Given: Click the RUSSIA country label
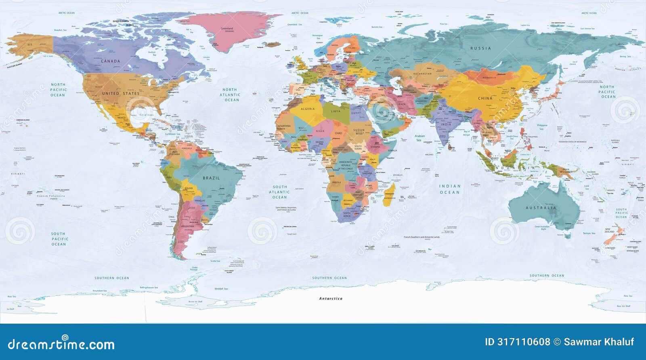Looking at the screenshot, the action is click(480, 48).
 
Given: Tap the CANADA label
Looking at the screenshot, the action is click(110, 61).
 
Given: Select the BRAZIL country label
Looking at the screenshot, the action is click(211, 178).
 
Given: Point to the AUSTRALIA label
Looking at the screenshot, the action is click(541, 208).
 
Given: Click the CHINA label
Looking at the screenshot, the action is click(485, 98).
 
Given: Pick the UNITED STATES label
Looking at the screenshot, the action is click(120, 93).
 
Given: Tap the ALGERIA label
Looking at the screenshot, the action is click(308, 109).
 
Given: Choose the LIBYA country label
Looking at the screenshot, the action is click(336, 111).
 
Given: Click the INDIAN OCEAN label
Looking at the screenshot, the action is click(450, 189).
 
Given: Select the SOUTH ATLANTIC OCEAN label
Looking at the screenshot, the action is click(279, 192).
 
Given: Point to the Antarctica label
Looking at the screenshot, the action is click(331, 299).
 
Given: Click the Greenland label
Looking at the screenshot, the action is click(227, 29).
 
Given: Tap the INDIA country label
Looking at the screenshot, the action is click(446, 124).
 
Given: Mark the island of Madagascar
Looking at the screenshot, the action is click(390, 198).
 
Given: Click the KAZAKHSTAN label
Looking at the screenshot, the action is click(422, 74).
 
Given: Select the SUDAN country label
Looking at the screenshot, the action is click(359, 130).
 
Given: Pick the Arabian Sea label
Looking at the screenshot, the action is click(419, 138).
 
